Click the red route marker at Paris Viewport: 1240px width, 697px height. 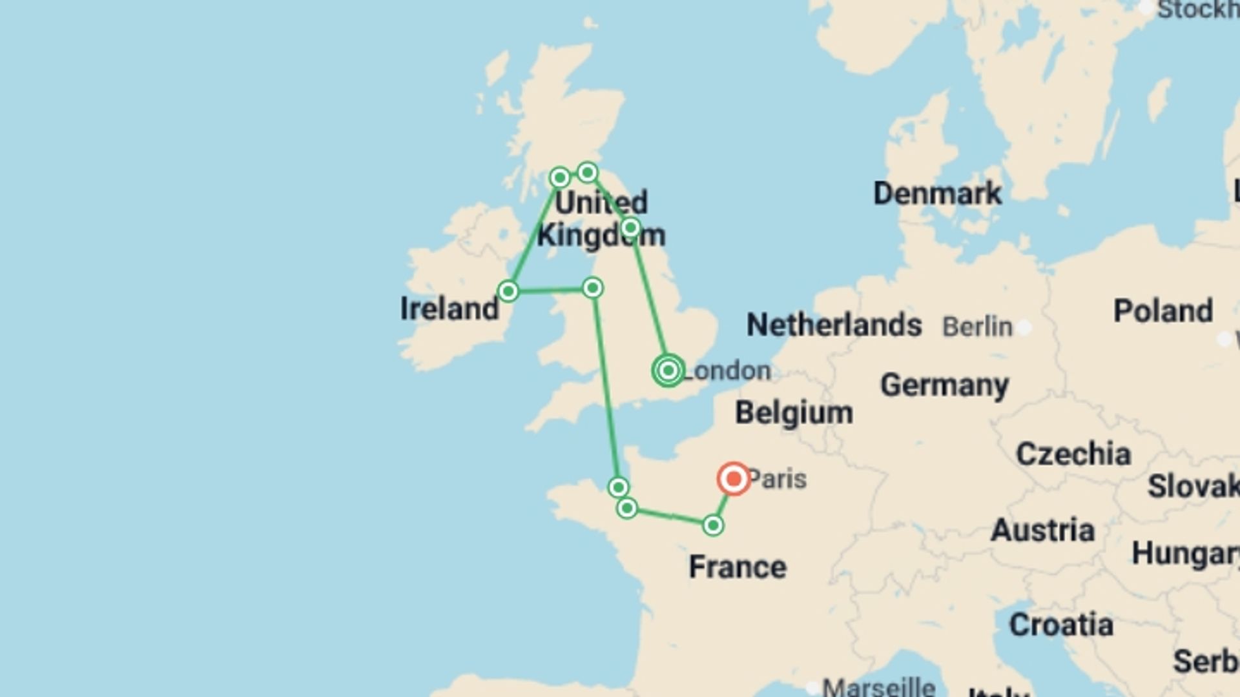[x=734, y=479]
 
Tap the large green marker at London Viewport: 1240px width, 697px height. [x=668, y=370]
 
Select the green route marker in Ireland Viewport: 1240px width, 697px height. [x=508, y=291]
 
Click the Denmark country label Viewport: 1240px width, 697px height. [x=937, y=193]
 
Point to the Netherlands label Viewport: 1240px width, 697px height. [x=834, y=325]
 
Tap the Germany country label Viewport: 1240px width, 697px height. [x=944, y=385]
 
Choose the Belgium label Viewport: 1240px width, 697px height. [x=794, y=412]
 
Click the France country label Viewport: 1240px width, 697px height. [x=738, y=567]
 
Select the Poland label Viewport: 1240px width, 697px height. [x=1163, y=311]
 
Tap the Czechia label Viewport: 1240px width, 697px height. [x=1073, y=454]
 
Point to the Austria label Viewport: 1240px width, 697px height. [x=1042, y=530]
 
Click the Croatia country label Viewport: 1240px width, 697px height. [x=1061, y=625]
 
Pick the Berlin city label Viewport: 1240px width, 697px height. [x=977, y=327]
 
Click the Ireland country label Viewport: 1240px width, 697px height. [x=449, y=308]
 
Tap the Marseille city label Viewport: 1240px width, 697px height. [x=879, y=687]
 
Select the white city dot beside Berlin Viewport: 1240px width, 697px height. [x=1024, y=327]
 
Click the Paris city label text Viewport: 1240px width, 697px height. [x=778, y=480]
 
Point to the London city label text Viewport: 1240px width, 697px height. [x=727, y=371]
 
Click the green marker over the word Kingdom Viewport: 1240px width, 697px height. [x=630, y=227]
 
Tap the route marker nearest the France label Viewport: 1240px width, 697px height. [x=712, y=525]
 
